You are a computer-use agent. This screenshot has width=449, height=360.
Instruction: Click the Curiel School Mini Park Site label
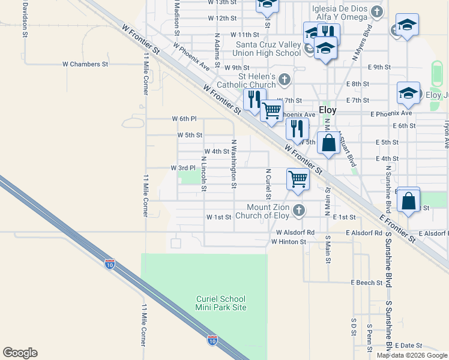click(x=221, y=303)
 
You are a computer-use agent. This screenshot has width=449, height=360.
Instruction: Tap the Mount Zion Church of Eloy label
click(x=262, y=211)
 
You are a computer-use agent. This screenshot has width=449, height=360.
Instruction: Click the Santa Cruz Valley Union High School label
click(x=268, y=49)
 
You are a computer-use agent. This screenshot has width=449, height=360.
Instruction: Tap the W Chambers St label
click(x=85, y=64)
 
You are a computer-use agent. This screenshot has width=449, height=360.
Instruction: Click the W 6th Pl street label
click(x=184, y=119)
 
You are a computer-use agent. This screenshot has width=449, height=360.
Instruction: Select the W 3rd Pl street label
click(x=183, y=167)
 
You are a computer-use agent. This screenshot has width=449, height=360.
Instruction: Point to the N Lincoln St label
click(x=205, y=175)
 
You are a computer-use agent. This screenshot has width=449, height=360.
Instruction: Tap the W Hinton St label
click(x=289, y=242)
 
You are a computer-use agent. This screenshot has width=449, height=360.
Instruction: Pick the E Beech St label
click(x=367, y=282)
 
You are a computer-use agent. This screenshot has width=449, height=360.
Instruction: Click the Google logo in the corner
click(x=20, y=353)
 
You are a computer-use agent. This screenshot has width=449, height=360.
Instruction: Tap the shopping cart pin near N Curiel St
click(x=298, y=179)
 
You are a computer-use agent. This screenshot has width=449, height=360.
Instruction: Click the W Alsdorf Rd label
click(x=295, y=232)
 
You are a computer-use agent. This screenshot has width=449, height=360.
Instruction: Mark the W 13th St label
click(x=222, y=2)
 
